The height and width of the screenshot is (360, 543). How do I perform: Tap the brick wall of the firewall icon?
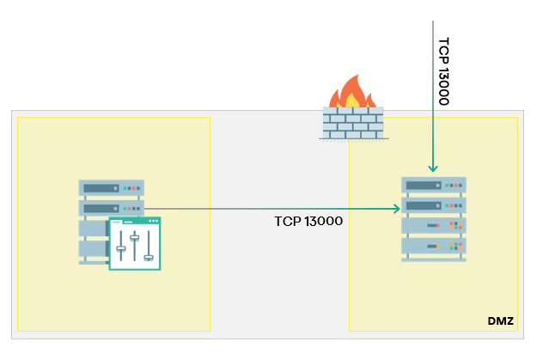(352, 123)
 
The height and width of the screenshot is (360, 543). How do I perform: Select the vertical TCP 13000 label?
(444, 71)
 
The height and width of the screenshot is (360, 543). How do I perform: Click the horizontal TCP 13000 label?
(309, 221)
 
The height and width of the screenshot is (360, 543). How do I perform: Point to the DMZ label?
(500, 320)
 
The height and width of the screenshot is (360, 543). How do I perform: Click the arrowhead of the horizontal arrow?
(397, 208)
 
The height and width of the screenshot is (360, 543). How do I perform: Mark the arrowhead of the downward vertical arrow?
(434, 168)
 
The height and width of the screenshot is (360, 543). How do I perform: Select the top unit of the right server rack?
(434, 185)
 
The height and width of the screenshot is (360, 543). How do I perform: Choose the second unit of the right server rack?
(434, 205)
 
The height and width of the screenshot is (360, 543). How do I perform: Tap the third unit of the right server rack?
(434, 226)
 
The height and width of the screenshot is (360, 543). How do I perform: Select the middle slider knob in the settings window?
(134, 236)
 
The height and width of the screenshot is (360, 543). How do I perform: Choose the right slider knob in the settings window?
(148, 256)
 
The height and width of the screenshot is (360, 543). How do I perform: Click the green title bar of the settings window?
(135, 221)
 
